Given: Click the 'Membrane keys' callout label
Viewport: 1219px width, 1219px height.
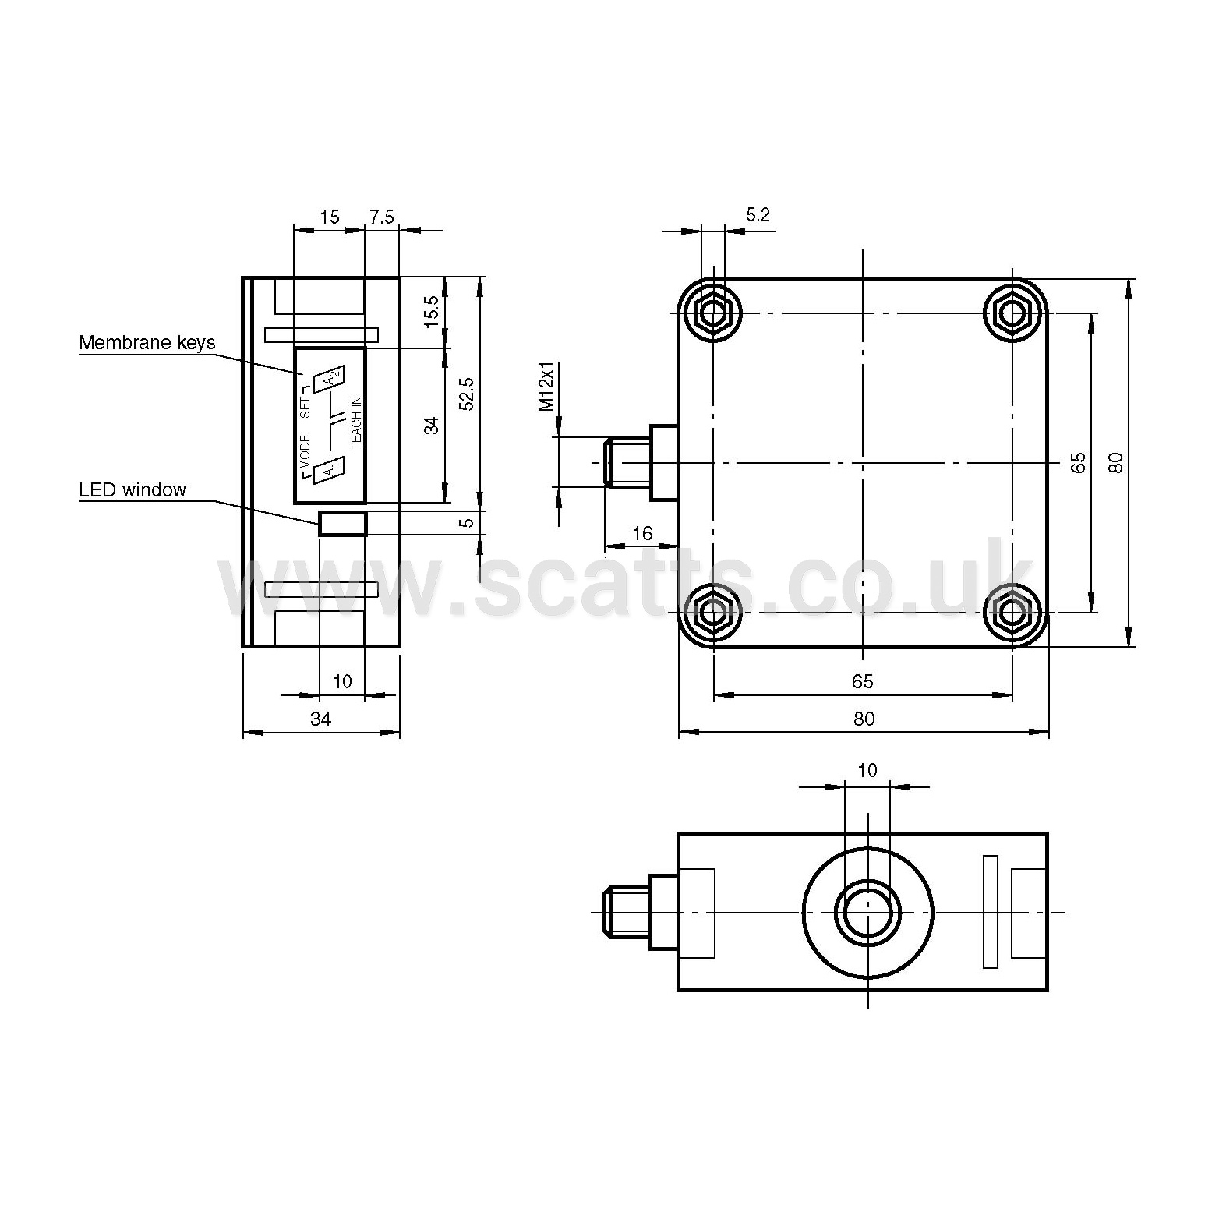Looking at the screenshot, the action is (x=147, y=343).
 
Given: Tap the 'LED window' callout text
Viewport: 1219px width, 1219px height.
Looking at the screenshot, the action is (x=132, y=490).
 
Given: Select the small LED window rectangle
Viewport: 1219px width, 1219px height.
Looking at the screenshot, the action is (x=342, y=524).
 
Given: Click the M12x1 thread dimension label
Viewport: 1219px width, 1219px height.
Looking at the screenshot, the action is (x=547, y=386).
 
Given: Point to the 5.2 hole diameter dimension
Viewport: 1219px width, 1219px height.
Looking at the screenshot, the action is (x=758, y=215).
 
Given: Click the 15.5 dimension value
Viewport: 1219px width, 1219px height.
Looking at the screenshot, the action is (x=432, y=312).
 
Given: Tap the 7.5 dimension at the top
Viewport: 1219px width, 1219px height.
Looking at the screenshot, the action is (x=382, y=217).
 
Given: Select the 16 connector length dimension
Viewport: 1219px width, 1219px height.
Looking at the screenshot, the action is (x=642, y=533).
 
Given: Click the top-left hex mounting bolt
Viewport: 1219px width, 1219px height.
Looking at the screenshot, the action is (x=712, y=313).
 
